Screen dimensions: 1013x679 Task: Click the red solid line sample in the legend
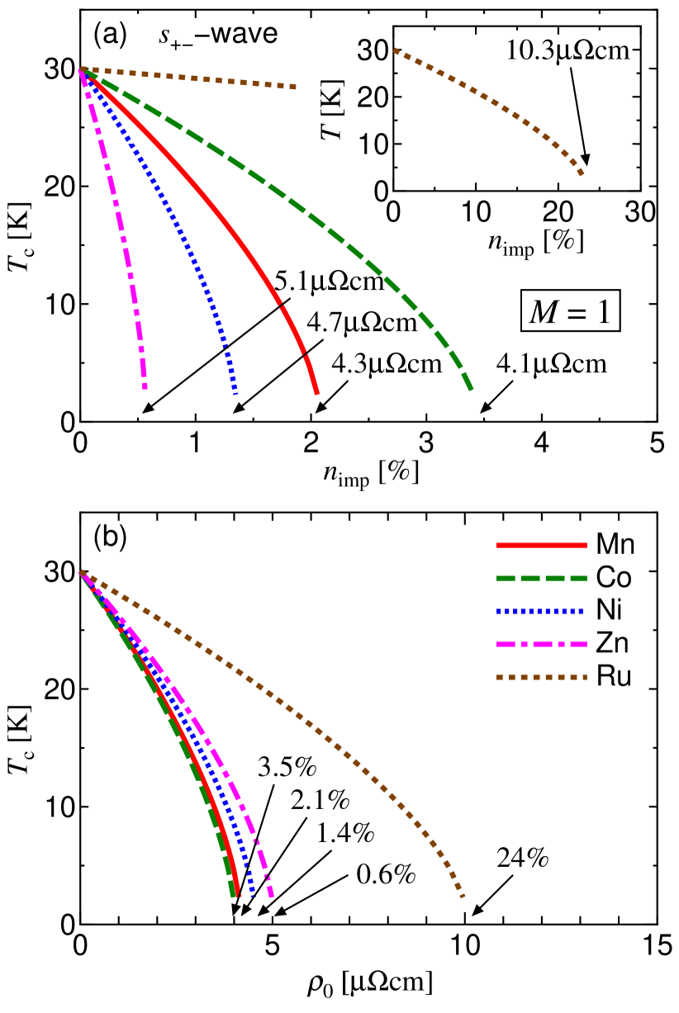(x=541, y=545)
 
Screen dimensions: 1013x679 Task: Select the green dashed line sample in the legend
(x=541, y=578)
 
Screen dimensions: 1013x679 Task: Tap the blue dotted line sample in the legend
(x=541, y=611)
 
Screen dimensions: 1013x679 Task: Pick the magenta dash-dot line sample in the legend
(x=541, y=644)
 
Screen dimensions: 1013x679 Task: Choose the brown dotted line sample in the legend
(x=541, y=677)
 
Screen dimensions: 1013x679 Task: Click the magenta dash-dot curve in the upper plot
(x=121, y=223)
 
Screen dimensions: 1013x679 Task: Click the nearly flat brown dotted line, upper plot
(x=190, y=78)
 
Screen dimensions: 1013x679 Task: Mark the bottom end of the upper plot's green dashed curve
(x=471, y=389)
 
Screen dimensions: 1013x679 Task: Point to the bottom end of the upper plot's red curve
(x=316, y=393)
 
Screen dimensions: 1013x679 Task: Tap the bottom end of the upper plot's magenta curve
(x=145, y=386)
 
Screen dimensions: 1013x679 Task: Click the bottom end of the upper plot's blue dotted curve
(x=235, y=392)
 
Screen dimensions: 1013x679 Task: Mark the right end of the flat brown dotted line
(x=294, y=87)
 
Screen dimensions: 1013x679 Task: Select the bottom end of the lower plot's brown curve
(x=463, y=895)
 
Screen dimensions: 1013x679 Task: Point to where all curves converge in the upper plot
(x=82, y=70)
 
